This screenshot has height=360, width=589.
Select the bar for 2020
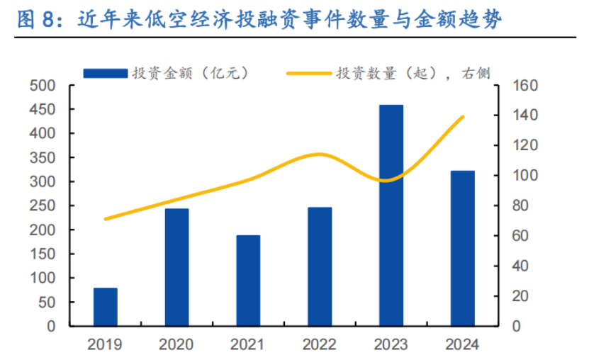[177, 267]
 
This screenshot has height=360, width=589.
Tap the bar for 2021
[248, 281]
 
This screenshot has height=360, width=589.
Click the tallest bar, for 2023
[391, 215]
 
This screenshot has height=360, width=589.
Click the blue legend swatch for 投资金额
[104, 72]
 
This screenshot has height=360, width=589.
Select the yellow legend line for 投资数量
[308, 72]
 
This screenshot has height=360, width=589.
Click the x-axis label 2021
[248, 345]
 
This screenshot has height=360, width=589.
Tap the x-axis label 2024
[462, 345]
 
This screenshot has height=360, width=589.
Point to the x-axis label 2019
[106, 345]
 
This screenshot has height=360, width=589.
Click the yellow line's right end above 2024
[463, 116]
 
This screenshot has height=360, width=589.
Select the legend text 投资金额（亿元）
[189, 72]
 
